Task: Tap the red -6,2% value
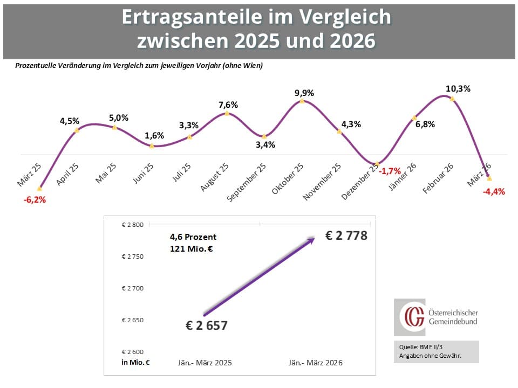[35, 199]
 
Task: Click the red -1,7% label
[390, 171]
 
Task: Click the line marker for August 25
[227, 113]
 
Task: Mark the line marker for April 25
[77, 130]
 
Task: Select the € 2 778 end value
[346, 235]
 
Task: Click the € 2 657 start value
[207, 325]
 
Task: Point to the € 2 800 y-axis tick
[133, 225]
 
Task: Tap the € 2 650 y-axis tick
[133, 320]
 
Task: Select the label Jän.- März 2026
[313, 363]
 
